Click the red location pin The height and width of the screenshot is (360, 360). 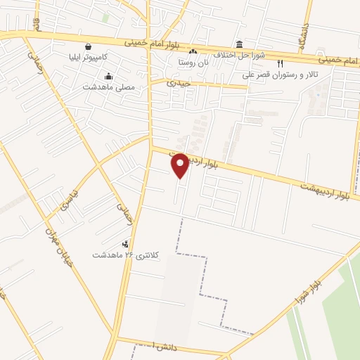(x=180, y=166)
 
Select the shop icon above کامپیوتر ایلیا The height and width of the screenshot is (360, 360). (x=87, y=47)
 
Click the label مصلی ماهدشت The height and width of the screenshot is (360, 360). (x=113, y=87)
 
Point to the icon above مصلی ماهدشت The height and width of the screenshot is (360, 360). (x=109, y=76)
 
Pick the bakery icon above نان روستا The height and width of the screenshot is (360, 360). (x=193, y=51)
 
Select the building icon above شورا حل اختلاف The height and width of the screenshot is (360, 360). (x=239, y=44)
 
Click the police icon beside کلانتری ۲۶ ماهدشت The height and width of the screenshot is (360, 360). (x=126, y=244)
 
